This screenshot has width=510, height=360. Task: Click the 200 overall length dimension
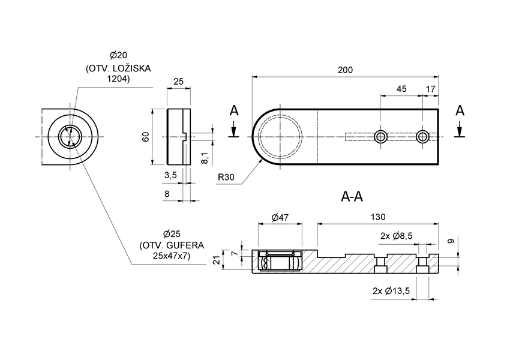point(344,70)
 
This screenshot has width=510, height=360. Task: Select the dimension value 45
point(401,89)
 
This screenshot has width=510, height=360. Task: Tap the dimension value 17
point(431,89)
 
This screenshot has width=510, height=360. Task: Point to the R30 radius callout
point(226,177)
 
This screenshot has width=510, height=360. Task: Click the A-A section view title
point(352,196)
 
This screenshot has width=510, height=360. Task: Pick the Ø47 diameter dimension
point(280,217)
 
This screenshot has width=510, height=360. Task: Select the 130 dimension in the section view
point(378,217)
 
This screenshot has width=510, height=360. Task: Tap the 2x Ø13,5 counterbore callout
point(391,291)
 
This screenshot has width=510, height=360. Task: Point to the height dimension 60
point(146,137)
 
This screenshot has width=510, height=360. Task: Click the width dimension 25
point(178,81)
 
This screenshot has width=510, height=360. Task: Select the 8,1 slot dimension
point(204,158)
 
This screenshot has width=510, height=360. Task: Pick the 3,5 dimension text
point(170,175)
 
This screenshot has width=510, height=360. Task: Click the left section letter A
point(234,111)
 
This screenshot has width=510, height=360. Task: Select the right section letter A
point(460,111)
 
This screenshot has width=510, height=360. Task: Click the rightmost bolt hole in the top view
point(423,136)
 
